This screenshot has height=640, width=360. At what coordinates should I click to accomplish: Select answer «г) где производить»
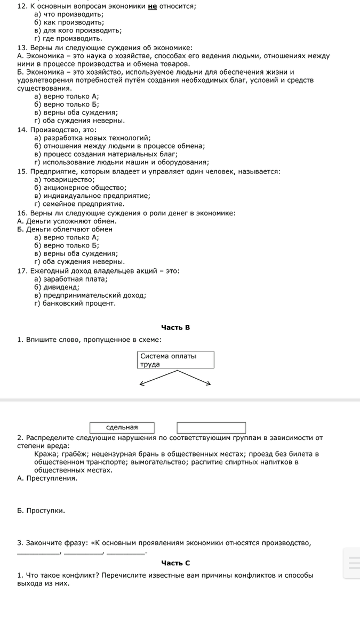click(68, 38)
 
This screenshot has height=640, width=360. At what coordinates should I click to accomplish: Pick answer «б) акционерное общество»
click(80, 188)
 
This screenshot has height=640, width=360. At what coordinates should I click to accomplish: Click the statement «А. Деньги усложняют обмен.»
click(67, 221)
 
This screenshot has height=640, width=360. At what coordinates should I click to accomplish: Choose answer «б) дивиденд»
click(57, 287)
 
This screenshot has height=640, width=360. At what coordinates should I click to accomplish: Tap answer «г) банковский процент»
click(75, 303)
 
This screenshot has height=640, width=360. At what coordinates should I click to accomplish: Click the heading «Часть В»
click(175, 327)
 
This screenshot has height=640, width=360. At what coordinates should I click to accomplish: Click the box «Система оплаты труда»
click(175, 360)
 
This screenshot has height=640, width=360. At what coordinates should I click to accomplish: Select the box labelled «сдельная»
click(122, 428)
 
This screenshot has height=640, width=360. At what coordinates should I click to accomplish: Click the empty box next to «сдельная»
click(211, 428)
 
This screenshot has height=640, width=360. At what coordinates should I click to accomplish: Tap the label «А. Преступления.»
click(47, 478)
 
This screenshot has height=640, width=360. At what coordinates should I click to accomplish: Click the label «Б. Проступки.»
click(41, 511)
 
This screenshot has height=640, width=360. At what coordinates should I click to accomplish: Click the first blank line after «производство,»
click(39, 553)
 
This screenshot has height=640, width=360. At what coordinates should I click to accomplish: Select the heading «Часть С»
click(175, 563)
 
